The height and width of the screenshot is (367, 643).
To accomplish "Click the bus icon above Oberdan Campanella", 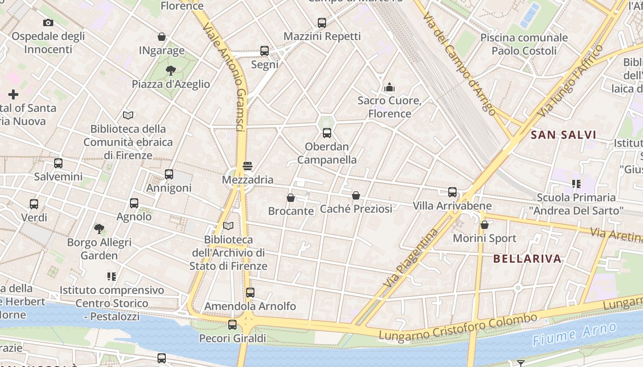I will click(327, 133).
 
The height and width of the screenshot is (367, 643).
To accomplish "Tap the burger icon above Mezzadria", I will click(248, 166).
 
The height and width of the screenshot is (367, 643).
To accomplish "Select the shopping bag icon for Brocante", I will click(291, 198).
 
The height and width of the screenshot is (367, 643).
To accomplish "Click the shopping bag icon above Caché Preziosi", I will click(356, 195).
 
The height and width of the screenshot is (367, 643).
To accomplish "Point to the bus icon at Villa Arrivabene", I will click(452, 192).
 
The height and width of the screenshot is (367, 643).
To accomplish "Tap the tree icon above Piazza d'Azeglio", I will click(171, 70).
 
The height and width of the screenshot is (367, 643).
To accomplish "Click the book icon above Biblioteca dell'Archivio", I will click(228, 226).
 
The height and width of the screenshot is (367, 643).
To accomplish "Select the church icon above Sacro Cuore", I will click(389, 87).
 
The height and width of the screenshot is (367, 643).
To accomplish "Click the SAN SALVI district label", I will click(564, 135).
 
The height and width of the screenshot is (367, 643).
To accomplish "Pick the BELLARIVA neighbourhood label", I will click(527, 259).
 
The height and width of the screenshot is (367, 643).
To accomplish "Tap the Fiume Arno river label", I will click(575, 334).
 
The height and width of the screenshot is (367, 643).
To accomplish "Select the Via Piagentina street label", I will click(410, 259).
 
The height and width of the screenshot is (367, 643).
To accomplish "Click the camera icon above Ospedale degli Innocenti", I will click(48, 22).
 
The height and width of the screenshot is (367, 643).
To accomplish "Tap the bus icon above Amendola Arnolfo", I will click(250, 292).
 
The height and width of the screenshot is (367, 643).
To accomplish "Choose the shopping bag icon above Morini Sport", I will click(485, 225).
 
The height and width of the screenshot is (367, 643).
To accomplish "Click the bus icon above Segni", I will click(265, 51).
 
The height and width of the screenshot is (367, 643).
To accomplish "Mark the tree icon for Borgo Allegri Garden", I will click(99, 228).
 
